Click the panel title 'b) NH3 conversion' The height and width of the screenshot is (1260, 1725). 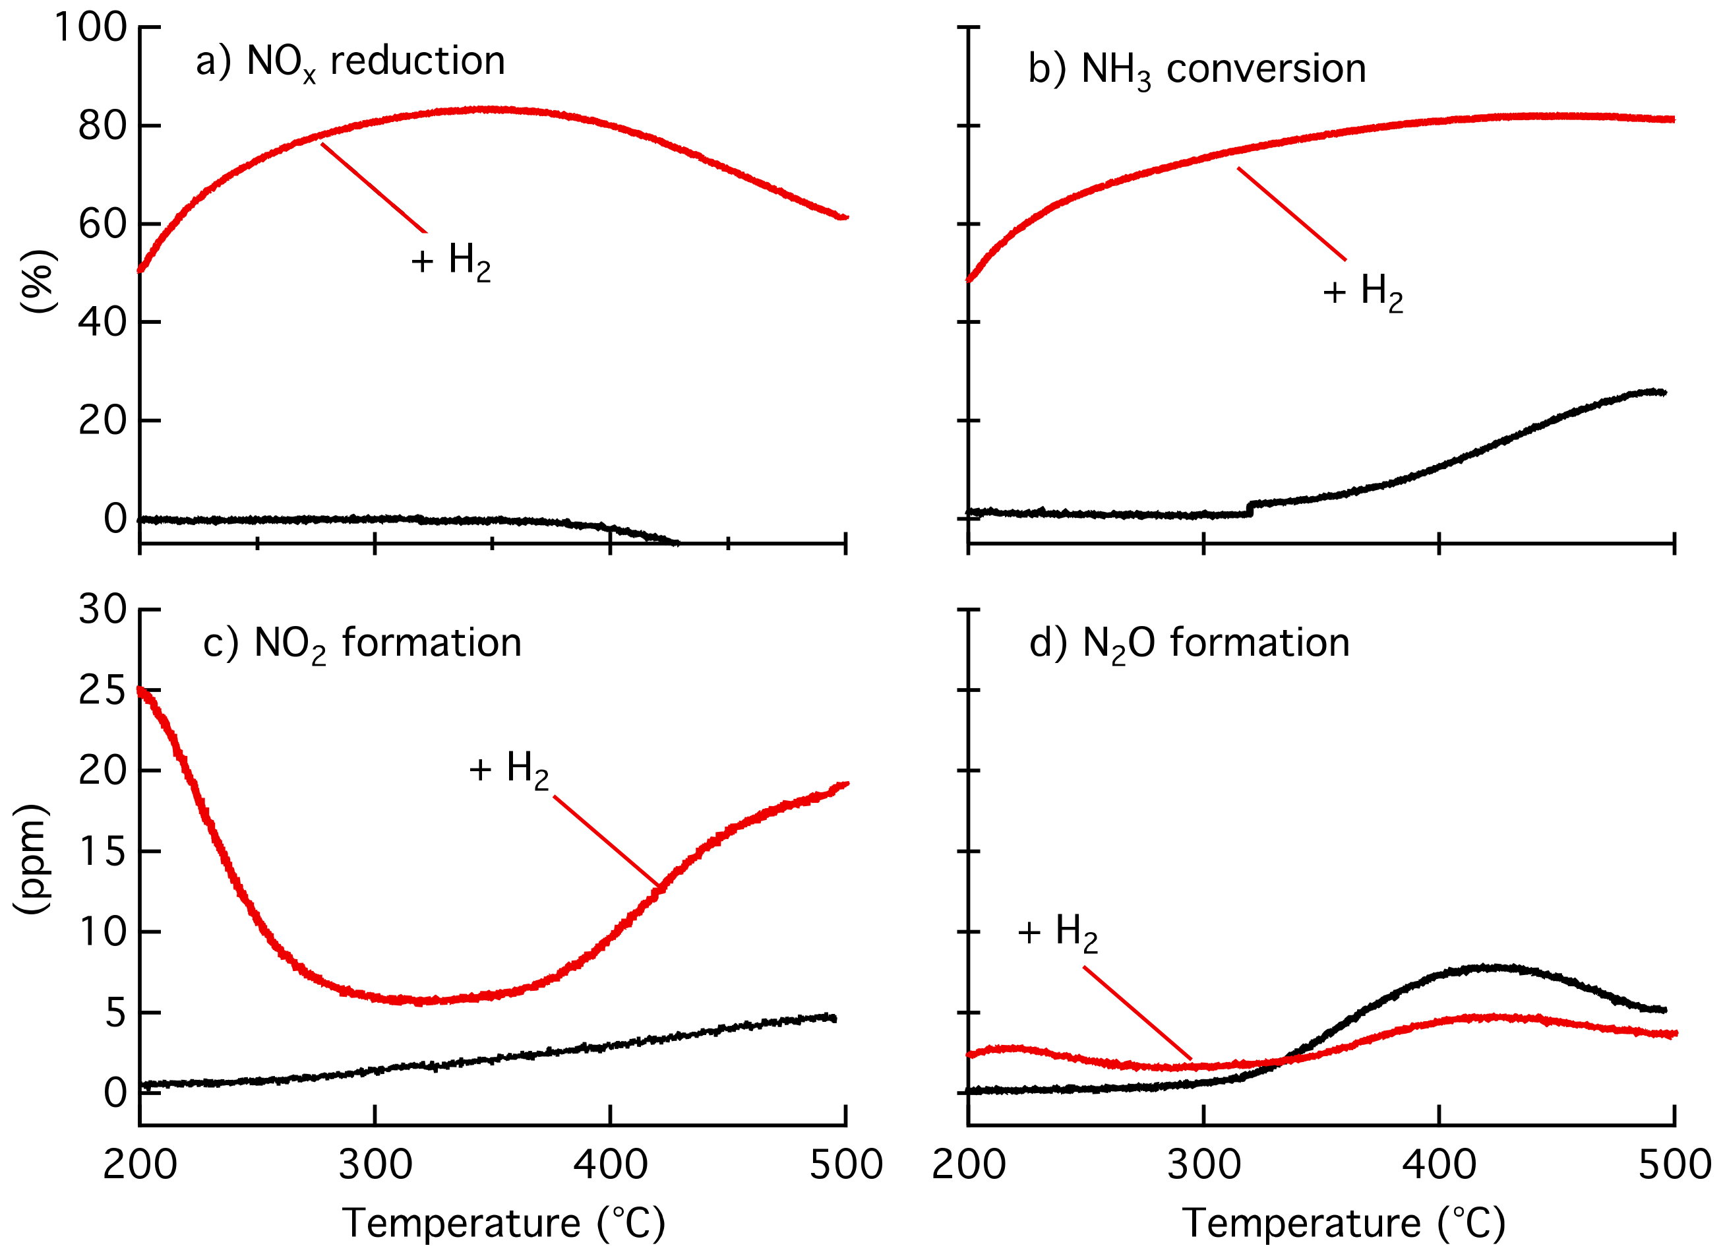tap(1196, 70)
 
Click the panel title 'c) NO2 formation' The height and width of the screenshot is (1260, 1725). tap(362, 644)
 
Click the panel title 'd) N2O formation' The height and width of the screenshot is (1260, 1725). tap(1189, 644)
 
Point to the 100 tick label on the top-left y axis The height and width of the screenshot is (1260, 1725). tap(90, 28)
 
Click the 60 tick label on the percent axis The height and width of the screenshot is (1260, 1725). tap(102, 224)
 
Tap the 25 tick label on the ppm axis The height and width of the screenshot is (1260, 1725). tap(102, 691)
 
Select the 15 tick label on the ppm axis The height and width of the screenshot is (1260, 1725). tap(102, 852)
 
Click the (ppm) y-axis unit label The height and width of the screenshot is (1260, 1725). tap(32, 858)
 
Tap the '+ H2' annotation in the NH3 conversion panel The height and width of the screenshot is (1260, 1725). tap(1362, 292)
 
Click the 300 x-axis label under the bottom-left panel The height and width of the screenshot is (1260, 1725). tap(375, 1166)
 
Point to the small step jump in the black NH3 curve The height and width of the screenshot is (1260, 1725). tap(1250, 508)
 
